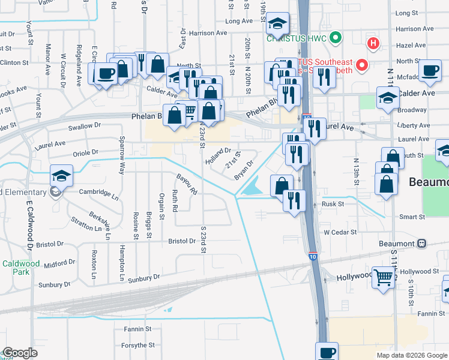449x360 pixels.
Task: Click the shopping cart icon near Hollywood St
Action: [x=383, y=278]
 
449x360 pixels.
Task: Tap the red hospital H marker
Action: [x=373, y=43]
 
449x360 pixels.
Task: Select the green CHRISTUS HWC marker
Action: [x=336, y=38]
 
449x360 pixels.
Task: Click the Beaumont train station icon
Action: [x=422, y=244]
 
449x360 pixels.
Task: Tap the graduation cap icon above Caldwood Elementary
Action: [x=61, y=175]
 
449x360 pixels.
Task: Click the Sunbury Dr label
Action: [x=144, y=278]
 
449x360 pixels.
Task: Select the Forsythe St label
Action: [x=139, y=345]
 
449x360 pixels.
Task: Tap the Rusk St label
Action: [x=332, y=204]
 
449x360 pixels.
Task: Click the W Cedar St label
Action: [x=340, y=232]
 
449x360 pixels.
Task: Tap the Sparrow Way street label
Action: [x=121, y=155]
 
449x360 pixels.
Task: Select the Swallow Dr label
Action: [x=85, y=126]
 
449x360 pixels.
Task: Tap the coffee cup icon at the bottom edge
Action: [x=327, y=352]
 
